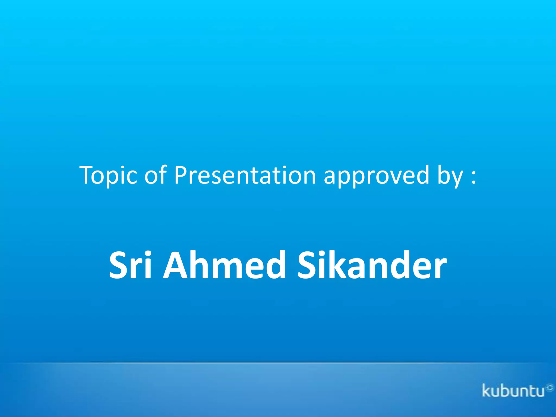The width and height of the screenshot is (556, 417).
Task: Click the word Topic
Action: click(x=108, y=176)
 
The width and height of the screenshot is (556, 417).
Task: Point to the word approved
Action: click(x=377, y=176)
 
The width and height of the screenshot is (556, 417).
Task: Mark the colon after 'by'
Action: click(x=474, y=177)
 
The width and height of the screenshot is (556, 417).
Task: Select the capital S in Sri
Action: click(x=119, y=266)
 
